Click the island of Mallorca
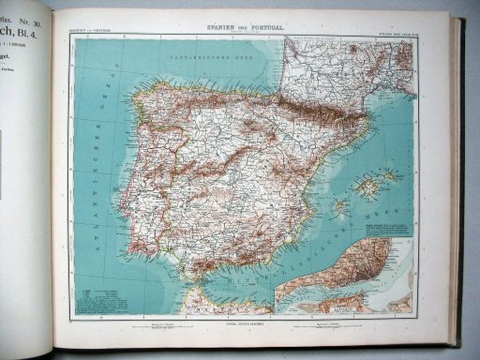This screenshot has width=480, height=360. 369,187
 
